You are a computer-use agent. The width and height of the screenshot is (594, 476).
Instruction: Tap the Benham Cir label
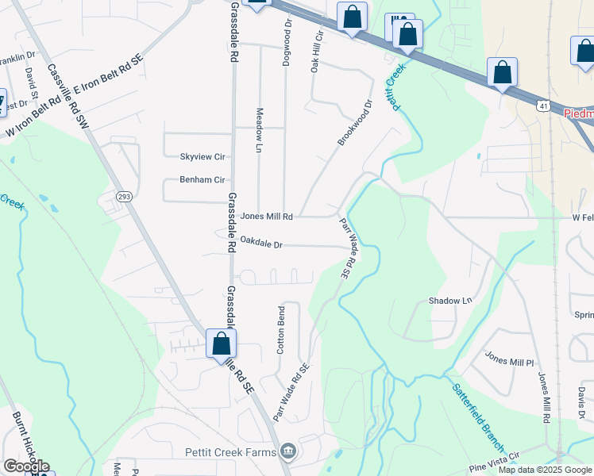coord(202,180)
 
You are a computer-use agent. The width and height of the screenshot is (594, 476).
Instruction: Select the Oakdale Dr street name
coord(261,243)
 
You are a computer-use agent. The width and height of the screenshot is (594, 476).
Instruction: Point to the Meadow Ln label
coord(258,130)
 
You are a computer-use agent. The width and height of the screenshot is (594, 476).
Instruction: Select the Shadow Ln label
coord(450,301)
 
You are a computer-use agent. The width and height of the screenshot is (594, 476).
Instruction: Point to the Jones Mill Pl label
coord(509,361)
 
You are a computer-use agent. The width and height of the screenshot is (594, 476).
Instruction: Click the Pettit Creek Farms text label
coord(231,452)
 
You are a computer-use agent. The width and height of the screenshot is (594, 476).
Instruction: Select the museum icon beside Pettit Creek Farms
coord(288,452)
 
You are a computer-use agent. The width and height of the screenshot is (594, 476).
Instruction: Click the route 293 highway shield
coord(123,195)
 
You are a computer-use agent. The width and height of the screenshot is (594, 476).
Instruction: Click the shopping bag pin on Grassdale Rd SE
coord(221,344)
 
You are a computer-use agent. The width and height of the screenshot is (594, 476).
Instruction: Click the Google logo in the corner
coord(26,467)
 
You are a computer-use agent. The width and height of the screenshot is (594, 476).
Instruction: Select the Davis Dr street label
coord(580,402)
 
